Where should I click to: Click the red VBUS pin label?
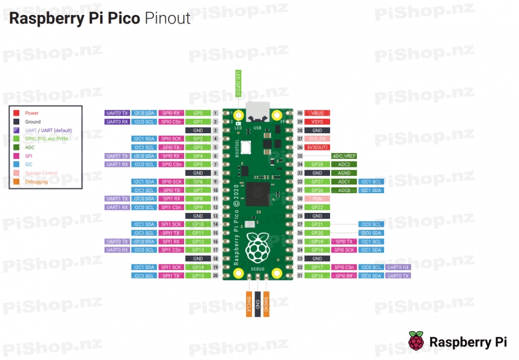tap(317, 113)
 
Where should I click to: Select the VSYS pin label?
tap(317, 121)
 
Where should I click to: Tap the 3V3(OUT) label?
tap(317, 147)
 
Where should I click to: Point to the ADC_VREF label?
tap(344, 156)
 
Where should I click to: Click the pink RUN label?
tap(317, 199)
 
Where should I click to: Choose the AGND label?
tap(344, 173)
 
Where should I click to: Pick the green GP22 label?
tap(317, 207)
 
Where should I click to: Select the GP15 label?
tap(198, 275)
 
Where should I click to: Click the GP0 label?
tap(198, 113)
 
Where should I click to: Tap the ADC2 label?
tap(344, 164)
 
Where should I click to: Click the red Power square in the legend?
tap(17, 113)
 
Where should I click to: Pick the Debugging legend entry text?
tap(37, 182)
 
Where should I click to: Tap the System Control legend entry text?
tap(41, 173)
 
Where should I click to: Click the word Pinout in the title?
tap(167, 18)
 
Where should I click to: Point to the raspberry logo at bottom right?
tap(416, 341)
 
